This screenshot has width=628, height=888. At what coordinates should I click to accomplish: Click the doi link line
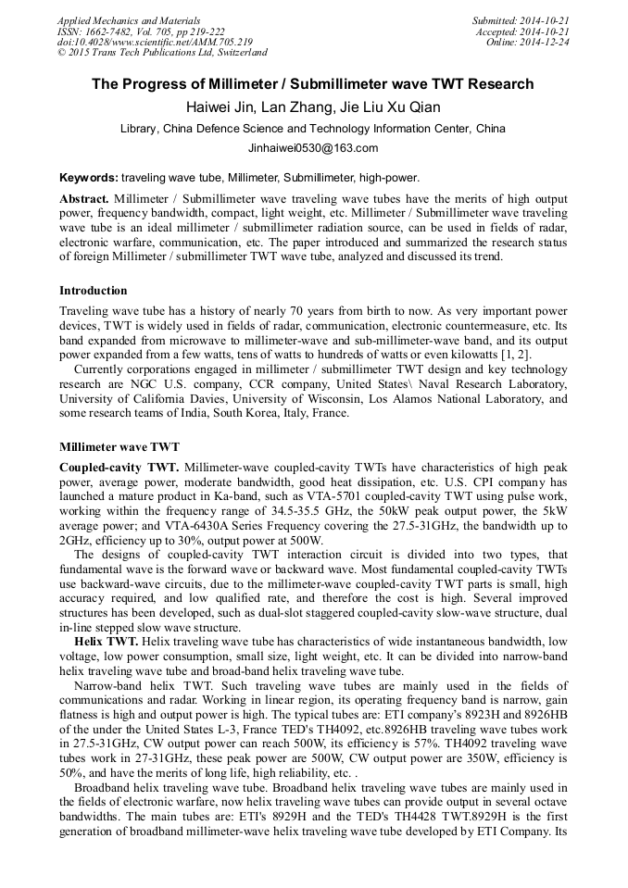(x=154, y=42)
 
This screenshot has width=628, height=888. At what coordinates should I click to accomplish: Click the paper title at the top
(x=313, y=84)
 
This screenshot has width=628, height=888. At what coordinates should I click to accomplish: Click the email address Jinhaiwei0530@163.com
(x=313, y=148)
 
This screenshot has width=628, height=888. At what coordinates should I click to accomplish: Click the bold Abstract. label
(x=84, y=199)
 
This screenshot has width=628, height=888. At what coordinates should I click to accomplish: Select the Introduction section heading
(x=93, y=291)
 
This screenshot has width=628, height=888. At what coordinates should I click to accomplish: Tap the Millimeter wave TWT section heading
(x=113, y=446)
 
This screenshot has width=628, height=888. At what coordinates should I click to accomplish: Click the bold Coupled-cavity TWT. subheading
(x=118, y=469)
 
